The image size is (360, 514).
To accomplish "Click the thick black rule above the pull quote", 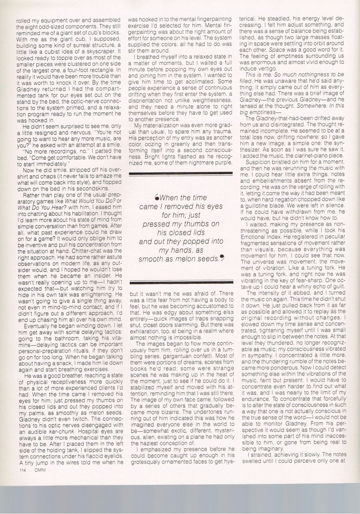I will (x=182, y=173).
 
